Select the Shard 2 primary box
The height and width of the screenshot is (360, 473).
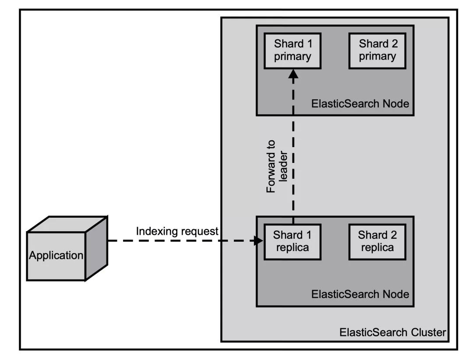click(x=377, y=50)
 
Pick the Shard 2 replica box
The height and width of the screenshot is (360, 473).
click(x=377, y=241)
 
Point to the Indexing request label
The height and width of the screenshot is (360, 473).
click(x=177, y=231)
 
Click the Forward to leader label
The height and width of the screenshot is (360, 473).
click(x=277, y=166)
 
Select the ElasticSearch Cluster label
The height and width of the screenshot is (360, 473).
click(x=392, y=332)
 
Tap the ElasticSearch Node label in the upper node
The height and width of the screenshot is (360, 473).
click(x=360, y=104)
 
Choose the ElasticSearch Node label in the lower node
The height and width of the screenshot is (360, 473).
click(x=360, y=294)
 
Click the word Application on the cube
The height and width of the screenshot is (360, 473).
click(x=56, y=255)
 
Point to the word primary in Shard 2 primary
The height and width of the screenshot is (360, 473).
click(x=377, y=56)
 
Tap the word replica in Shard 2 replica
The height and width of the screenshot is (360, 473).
click(x=377, y=247)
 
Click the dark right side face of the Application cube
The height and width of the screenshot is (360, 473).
click(x=96, y=248)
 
